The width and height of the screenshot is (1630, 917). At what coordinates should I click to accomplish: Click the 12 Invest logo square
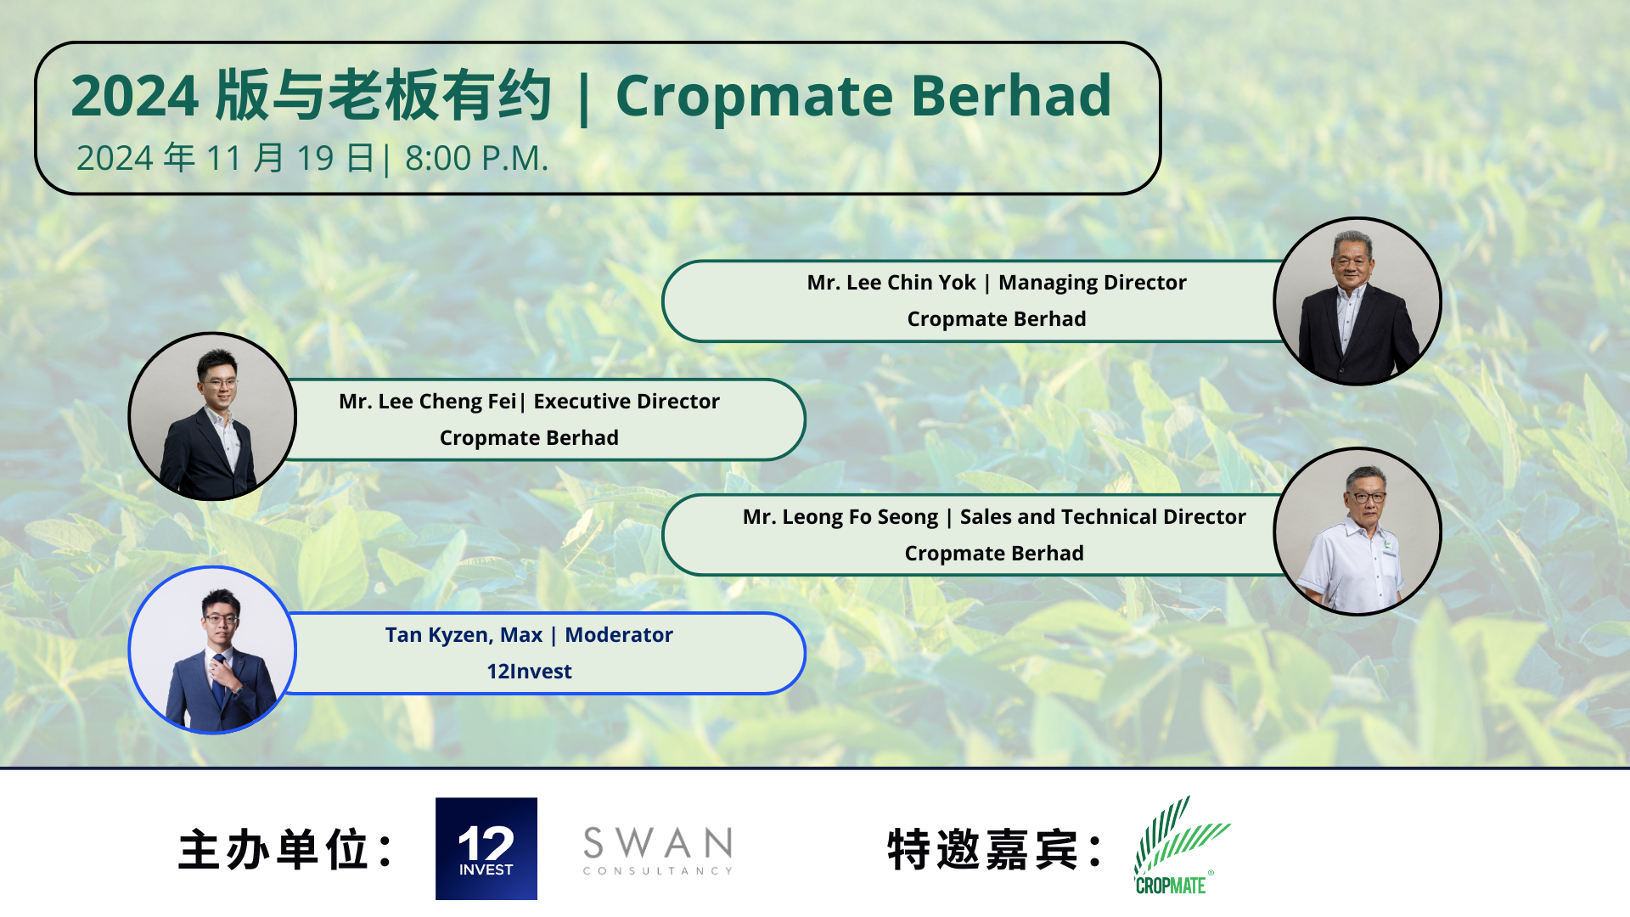pyautogui.click(x=486, y=848)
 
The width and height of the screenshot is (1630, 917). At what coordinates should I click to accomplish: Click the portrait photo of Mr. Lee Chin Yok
pyautogui.click(x=1357, y=301)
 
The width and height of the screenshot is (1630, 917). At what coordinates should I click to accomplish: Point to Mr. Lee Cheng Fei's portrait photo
pyautogui.click(x=212, y=416)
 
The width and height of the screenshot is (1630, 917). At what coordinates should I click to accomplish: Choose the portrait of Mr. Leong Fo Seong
pyautogui.click(x=1357, y=532)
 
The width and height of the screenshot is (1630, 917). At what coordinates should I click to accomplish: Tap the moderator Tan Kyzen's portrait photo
pyautogui.click(x=212, y=650)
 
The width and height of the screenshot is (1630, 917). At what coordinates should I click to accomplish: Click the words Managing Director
pyautogui.click(x=1093, y=283)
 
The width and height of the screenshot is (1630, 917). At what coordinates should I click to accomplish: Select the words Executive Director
pyautogui.click(x=627, y=402)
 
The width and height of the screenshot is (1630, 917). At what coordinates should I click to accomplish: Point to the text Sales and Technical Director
pyautogui.click(x=1103, y=517)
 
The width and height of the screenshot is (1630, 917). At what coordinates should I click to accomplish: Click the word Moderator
pyautogui.click(x=619, y=635)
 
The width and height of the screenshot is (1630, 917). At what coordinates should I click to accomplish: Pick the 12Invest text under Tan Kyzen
pyautogui.click(x=529, y=672)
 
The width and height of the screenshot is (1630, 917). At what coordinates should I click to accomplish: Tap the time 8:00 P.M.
pyautogui.click(x=477, y=159)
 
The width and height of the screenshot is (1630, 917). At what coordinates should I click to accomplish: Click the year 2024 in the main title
pyautogui.click(x=135, y=95)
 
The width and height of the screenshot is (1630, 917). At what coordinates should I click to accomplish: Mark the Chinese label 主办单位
pyautogui.click(x=273, y=850)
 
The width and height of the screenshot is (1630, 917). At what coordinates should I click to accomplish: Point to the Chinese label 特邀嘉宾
pyautogui.click(x=982, y=850)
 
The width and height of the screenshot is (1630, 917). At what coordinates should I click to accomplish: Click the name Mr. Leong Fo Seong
pyautogui.click(x=840, y=517)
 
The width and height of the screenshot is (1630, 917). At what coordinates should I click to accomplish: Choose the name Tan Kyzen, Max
pyautogui.click(x=464, y=635)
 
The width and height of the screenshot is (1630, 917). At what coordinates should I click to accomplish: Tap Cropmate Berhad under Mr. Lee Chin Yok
pyautogui.click(x=997, y=319)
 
